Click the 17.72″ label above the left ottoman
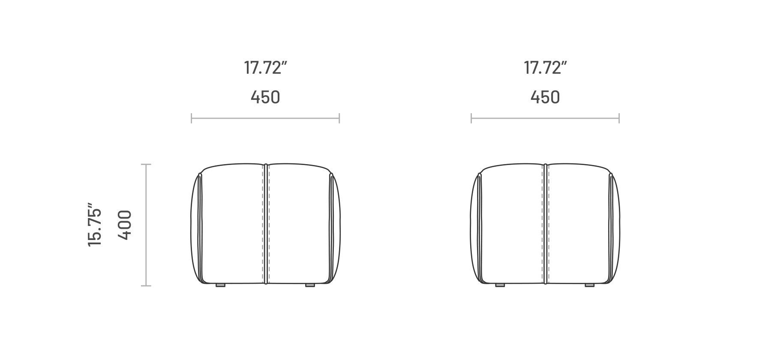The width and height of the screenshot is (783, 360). click(265, 68)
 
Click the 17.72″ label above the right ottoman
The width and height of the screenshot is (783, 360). click(545, 68)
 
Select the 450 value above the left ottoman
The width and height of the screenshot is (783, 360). click(265, 97)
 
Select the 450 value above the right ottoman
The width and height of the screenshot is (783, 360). click(545, 97)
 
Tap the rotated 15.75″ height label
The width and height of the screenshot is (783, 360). click(95, 225)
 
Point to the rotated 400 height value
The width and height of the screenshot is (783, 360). click(124, 225)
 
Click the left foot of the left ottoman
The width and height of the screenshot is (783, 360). click(220, 285)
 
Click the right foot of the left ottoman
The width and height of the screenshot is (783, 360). click(310, 285)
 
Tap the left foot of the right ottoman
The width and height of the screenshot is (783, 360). click(500, 285)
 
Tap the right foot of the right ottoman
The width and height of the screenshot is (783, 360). click(590, 285)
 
